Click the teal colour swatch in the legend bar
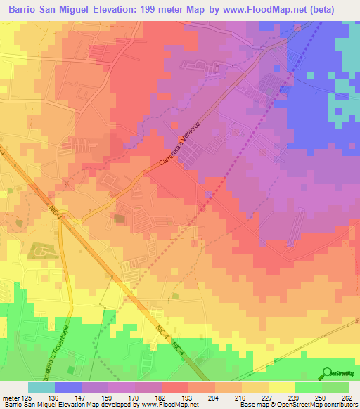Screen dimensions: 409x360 click(41, 387)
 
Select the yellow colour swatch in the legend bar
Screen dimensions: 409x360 click(282, 387)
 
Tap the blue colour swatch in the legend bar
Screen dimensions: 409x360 click(68, 387)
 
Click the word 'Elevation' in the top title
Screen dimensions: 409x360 click(111, 8)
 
